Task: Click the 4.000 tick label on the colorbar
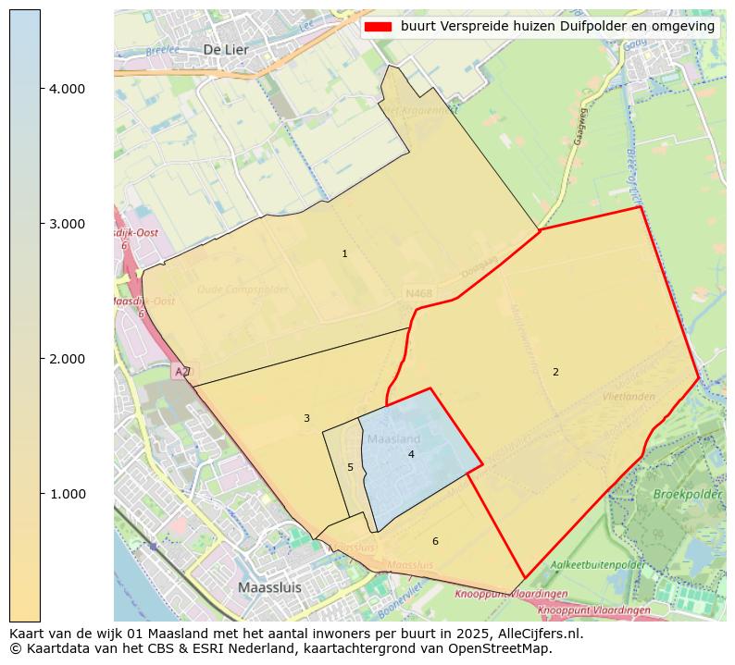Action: click(67, 89)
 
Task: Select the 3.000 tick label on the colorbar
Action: click(67, 224)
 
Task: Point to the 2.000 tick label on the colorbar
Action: click(67, 359)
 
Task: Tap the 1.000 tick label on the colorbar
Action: click(67, 494)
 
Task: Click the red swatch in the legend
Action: click(379, 27)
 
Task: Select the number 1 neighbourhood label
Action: click(344, 253)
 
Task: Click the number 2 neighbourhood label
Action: click(555, 372)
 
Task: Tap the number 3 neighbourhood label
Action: click(306, 419)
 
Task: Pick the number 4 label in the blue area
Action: click(411, 454)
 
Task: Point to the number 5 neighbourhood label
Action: click(350, 467)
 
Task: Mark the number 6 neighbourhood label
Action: click(435, 541)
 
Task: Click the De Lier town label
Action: click(226, 49)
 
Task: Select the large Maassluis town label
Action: click(269, 587)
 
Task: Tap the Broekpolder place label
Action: click(687, 495)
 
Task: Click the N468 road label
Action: click(418, 294)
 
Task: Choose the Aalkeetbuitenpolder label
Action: click(598, 564)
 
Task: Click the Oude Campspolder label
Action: click(243, 289)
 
